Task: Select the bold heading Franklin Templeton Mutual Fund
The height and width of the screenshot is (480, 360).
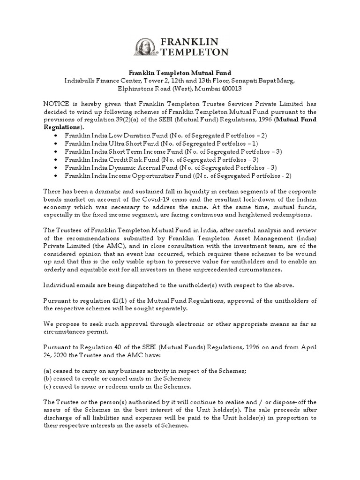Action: coord(180,73)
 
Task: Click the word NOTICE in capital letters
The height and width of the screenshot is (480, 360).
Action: coord(56,104)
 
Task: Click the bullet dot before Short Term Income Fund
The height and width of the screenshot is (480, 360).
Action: coord(56,151)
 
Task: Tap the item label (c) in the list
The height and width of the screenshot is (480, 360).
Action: coord(47,386)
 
